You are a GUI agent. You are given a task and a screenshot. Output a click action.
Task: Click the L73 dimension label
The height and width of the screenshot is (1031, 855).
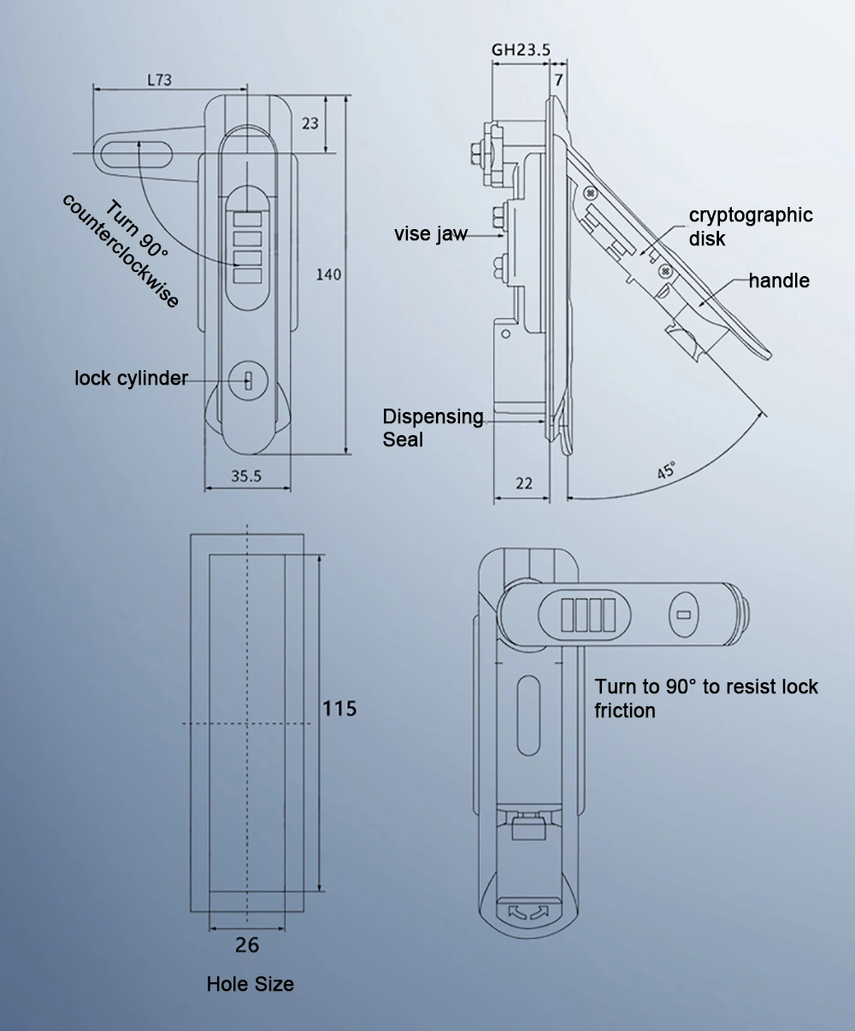[160, 80]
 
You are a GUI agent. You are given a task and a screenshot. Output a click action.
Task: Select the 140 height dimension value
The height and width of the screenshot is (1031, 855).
[328, 274]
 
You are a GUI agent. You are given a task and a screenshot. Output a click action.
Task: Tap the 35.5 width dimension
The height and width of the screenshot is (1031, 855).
[245, 477]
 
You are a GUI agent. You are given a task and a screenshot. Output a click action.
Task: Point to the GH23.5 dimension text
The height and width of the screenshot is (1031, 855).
[520, 50]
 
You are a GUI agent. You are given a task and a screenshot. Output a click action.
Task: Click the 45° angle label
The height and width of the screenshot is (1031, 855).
[666, 470]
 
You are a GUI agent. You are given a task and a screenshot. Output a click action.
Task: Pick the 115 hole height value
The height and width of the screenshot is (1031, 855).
[339, 709]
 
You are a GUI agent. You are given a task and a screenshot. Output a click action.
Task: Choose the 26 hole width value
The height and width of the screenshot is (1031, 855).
[246, 945]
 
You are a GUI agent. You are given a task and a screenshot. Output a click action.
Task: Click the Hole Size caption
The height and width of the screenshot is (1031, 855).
[250, 984]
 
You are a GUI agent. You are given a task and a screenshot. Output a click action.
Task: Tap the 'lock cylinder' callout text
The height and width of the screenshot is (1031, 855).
[131, 378]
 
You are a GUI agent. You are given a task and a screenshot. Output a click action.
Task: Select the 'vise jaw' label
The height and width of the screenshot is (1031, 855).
[431, 234]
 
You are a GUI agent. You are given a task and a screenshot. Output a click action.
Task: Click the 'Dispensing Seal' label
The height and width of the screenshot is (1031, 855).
[433, 427]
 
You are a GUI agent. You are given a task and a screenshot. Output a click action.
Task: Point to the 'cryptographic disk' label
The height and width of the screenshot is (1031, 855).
[751, 227]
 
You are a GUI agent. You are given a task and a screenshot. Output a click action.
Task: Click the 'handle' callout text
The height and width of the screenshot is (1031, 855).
[779, 280]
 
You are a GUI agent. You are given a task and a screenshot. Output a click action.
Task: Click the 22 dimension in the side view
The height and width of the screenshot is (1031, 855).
[524, 484]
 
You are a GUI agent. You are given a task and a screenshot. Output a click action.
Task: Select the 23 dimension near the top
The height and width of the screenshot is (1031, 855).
[310, 123]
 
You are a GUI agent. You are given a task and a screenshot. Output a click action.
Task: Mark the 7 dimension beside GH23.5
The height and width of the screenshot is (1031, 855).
[558, 80]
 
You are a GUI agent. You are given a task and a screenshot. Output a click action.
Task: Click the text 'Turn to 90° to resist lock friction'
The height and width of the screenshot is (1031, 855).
[706, 698]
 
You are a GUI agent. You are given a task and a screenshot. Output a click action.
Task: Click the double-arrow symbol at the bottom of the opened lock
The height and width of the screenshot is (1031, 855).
[528, 913]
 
